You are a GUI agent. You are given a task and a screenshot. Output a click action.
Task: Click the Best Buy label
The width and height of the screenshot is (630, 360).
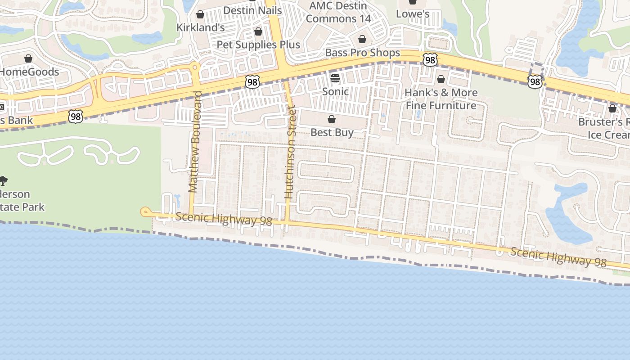pos(332,132)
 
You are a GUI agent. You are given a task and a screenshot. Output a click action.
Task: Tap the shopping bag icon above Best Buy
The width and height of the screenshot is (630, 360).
pos(332,119)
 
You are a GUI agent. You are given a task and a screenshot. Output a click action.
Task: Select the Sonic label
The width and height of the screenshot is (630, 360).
pos(335,91)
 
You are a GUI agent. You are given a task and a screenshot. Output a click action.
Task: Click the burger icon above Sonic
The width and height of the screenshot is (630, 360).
pos(335,79)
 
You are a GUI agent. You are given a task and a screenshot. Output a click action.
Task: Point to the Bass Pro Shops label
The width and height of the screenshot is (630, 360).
pos(362,53)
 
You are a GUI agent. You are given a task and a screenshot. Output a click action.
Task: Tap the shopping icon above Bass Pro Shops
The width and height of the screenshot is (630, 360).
pos(362,39)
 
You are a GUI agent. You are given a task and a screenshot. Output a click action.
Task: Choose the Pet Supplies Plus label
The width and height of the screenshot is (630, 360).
pos(258,45)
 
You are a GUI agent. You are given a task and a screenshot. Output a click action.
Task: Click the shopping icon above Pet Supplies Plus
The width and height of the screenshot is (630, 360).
pos(258,31)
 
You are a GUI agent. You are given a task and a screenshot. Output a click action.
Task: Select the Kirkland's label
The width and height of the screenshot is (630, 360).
pos(200,27)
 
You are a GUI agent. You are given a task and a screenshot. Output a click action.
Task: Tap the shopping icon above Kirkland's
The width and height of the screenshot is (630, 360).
pos(200,14)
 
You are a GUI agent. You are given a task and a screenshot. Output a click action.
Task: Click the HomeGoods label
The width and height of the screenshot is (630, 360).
pos(29,72)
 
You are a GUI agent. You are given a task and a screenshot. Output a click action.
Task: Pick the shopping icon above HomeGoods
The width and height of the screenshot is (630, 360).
pos(28,58)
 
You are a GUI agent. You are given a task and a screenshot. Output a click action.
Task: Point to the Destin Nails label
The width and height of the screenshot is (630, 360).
pos(252,10)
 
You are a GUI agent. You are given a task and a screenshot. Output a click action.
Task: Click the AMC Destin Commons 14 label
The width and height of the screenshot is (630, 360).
pos(338,12)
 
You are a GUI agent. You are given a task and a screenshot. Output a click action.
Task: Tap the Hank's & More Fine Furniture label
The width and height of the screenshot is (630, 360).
pos(441,99)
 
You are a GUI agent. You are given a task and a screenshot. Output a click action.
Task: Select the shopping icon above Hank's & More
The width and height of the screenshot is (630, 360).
pos(441,80)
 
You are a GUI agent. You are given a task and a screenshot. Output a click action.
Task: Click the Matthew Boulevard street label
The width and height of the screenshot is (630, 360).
pos(194,142)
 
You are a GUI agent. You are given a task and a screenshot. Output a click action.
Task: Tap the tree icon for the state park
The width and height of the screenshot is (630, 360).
pos(3,181)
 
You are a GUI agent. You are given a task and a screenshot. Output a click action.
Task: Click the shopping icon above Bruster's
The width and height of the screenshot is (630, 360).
pos(612,108)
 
